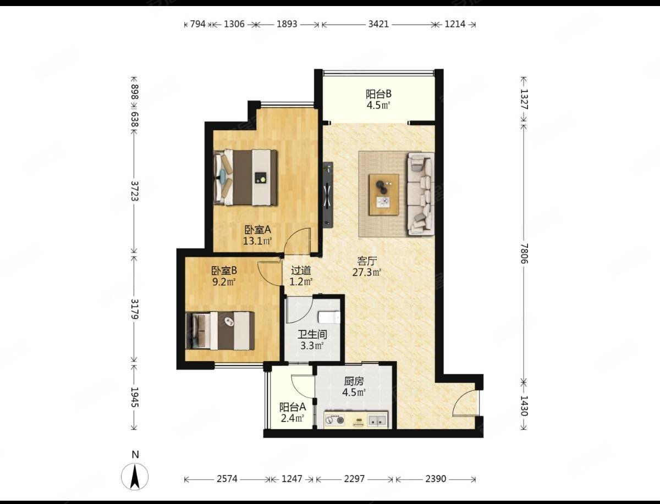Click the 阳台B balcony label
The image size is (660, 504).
click(x=378, y=95)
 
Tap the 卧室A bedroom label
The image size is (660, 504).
click(x=258, y=230)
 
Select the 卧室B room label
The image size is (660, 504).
click(x=224, y=271)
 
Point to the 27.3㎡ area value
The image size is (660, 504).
click(x=367, y=273)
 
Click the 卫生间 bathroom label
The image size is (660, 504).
click(x=312, y=334)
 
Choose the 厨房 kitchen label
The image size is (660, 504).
click(x=354, y=381)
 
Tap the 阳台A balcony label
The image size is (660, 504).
click(x=293, y=407)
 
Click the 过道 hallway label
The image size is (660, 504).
click(x=301, y=271)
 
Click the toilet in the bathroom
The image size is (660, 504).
click(x=329, y=318)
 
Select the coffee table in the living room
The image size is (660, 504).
click(x=384, y=195)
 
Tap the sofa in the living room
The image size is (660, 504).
click(x=421, y=193)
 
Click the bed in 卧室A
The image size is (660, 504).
click(x=245, y=178)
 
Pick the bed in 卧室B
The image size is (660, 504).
click(x=220, y=331)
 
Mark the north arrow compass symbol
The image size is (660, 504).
click(x=135, y=477)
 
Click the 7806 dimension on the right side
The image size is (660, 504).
click(x=524, y=253)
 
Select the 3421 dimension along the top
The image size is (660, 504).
click(x=378, y=24)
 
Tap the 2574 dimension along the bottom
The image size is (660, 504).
click(x=227, y=479)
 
